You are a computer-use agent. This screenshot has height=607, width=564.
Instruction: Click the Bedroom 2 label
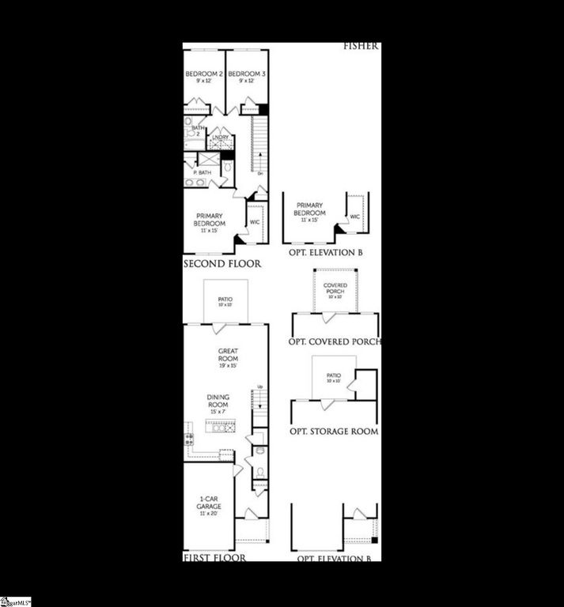199,77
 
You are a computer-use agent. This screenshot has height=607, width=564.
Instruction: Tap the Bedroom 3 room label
241,77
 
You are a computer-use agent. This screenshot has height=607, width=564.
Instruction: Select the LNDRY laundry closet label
220,138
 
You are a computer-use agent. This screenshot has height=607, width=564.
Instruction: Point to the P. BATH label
203,172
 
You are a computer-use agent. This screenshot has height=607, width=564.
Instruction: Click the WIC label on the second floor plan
255,223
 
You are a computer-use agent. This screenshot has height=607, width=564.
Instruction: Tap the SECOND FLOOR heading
222,264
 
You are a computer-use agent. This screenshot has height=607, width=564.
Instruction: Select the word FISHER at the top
361,47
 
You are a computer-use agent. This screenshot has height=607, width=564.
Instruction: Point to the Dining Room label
218,405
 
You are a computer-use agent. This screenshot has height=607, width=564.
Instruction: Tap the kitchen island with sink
224,428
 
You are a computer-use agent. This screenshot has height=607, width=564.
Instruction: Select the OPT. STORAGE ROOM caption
333,432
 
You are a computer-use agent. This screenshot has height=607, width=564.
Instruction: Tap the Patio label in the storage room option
332,379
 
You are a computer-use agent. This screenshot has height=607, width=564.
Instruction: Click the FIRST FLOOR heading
214,557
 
